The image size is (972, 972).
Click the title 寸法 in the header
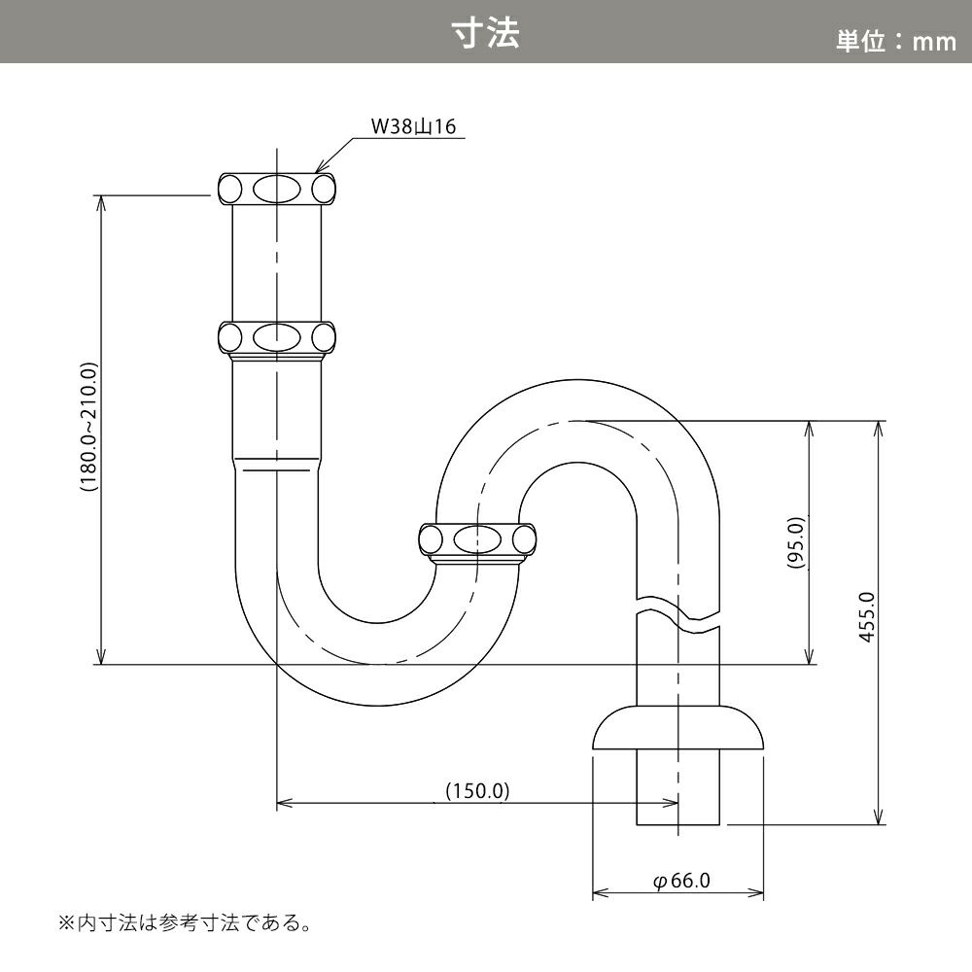485,33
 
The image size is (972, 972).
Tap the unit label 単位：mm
896,42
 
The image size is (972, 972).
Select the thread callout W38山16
413,126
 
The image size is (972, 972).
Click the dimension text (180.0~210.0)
89,427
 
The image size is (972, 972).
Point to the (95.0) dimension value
796,543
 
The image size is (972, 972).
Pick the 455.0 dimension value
867,617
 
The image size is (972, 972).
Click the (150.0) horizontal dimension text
478,791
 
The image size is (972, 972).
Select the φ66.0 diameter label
681,881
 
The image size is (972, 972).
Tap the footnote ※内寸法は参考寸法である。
185,923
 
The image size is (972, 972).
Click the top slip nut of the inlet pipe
276,189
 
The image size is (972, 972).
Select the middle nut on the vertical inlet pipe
276,339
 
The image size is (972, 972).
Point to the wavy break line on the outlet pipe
678,615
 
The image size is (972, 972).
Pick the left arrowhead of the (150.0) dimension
284,804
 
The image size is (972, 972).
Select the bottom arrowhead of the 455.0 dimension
878,816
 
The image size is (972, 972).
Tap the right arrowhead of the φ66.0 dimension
755,893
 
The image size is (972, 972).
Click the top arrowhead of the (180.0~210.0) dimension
101,204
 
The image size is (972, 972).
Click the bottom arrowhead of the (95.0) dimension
809,656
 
